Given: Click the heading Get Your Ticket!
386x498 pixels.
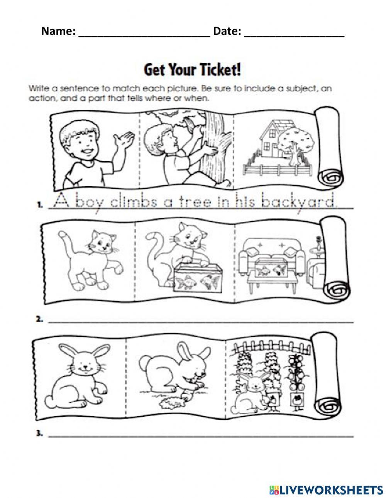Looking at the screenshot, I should pyautogui.click(x=193, y=70).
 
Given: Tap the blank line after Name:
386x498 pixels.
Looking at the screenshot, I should pyautogui.click(x=144, y=32).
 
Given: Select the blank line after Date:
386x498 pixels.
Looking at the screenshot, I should pyautogui.click(x=294, y=32).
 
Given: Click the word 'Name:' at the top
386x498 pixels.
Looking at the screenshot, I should pyautogui.click(x=58, y=31).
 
